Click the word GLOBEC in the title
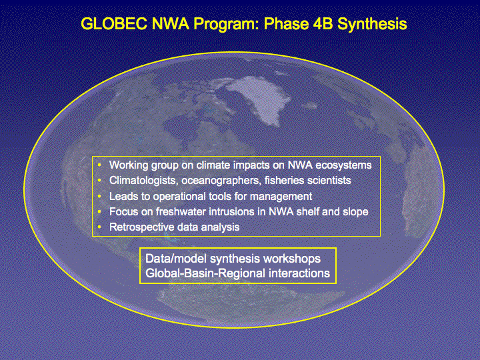pos(114,24)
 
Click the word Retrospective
pos(142,227)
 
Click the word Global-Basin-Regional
pos(205,273)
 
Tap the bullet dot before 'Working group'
pos(99,165)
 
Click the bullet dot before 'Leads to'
pos(99,196)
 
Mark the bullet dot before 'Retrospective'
pos(99,227)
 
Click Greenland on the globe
pos(260,98)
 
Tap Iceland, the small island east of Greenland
pos(309,106)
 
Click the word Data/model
pos(176,259)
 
